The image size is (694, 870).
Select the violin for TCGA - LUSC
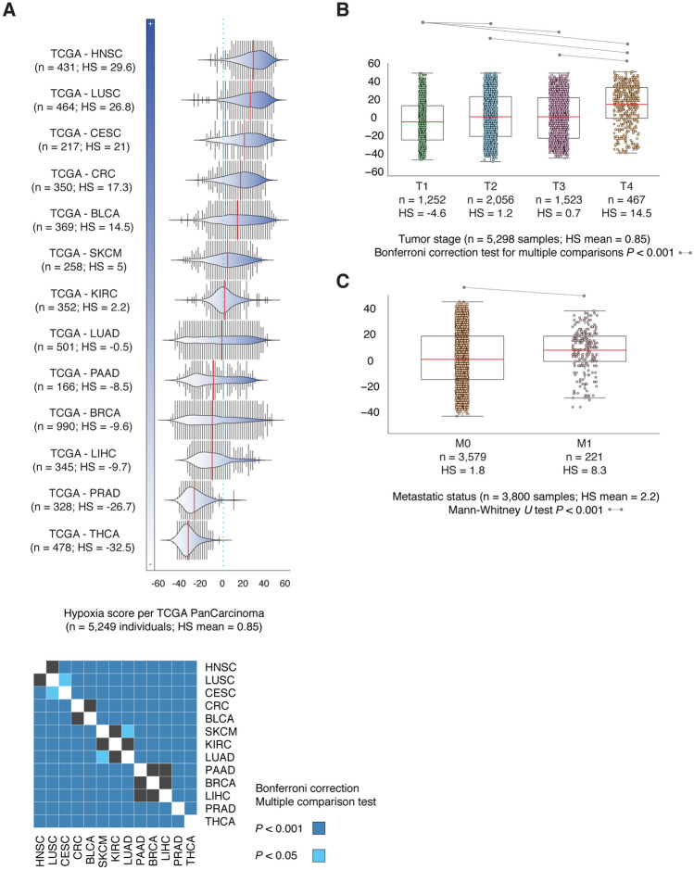(x=241, y=100)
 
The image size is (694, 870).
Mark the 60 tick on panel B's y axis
(x=375, y=64)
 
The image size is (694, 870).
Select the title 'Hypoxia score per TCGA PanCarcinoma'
(x=165, y=613)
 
